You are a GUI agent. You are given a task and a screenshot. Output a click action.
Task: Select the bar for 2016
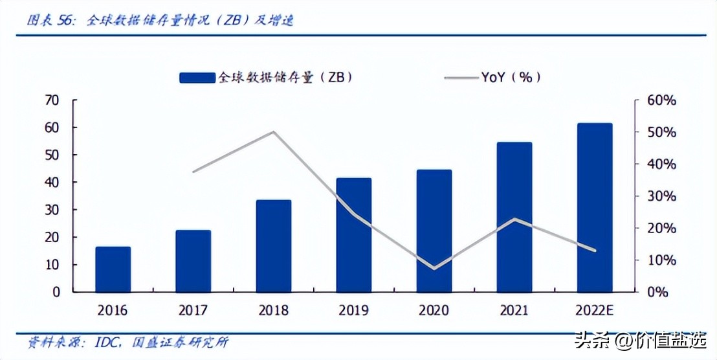[x=113, y=269]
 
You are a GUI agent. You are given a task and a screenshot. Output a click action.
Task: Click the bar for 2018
[x=274, y=246]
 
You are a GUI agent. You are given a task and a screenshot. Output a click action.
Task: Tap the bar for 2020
[x=434, y=231]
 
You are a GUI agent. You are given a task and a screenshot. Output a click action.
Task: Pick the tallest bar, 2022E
[x=595, y=208]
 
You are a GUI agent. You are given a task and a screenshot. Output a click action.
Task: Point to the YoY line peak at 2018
[x=274, y=132]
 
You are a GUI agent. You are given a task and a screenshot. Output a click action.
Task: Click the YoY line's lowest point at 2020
[x=434, y=268]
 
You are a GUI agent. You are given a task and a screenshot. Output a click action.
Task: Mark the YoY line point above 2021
[x=514, y=219]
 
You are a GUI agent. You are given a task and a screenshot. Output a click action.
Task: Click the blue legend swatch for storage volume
[x=197, y=77]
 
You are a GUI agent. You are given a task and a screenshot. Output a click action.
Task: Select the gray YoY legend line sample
[x=461, y=78]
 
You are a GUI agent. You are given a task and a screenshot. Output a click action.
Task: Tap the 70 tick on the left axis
[x=51, y=100]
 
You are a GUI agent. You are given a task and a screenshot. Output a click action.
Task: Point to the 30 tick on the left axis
[x=51, y=210]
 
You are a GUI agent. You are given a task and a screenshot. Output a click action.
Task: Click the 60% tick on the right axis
[x=661, y=100]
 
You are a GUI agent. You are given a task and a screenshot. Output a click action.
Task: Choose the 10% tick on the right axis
[x=661, y=260]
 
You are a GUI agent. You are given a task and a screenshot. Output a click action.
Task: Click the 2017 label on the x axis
[x=193, y=310]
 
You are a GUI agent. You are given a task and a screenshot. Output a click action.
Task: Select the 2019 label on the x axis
[x=353, y=310]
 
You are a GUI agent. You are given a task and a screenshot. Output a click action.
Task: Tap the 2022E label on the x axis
[x=595, y=310]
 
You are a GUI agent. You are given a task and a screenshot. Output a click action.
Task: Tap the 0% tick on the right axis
[x=658, y=292]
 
